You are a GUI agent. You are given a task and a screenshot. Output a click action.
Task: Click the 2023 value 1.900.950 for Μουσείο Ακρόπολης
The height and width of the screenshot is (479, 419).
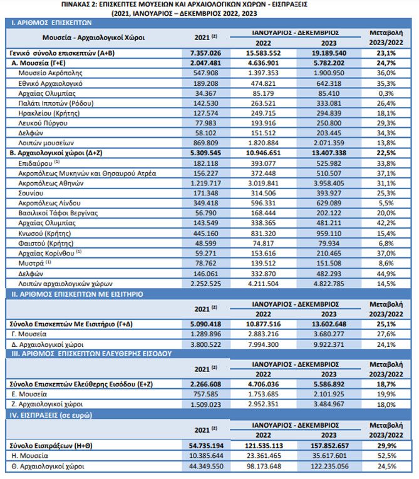coord(329,73)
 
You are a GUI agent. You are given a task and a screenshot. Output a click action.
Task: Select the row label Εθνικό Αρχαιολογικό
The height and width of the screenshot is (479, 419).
coord(51,83)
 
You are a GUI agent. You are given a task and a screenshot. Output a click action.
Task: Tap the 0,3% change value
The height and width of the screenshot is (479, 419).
coord(386,93)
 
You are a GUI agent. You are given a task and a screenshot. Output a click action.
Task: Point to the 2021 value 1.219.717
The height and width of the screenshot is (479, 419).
coord(205,183)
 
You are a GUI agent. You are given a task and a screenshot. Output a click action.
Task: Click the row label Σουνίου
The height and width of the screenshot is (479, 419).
coord(31,193)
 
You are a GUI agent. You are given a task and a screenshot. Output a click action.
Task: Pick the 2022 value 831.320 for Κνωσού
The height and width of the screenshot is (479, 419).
coord(263,234)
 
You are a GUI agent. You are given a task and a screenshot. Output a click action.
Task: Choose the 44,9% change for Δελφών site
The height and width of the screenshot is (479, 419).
coord(386,274)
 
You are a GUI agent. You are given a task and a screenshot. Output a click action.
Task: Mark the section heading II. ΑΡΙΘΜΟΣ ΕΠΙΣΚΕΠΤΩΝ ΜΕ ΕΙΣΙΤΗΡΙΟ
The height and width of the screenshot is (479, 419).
coord(78,294)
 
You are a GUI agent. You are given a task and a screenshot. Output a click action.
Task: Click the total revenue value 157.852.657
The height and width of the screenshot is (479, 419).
coord(329,446)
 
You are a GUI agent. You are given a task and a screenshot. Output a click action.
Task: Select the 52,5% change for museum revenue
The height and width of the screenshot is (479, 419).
coord(386,456)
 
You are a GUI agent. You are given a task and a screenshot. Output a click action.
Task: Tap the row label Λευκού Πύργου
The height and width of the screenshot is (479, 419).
coord(43,123)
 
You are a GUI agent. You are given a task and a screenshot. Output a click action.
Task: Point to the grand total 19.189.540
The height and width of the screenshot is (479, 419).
coord(329,53)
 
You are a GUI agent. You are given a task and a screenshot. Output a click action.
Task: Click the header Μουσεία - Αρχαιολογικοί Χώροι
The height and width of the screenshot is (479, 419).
coord(93,38)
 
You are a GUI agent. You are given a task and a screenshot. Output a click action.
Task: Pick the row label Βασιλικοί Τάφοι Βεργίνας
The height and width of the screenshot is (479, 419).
coord(58,213)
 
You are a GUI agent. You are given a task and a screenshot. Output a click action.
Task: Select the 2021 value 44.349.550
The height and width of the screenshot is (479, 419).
coord(206,466)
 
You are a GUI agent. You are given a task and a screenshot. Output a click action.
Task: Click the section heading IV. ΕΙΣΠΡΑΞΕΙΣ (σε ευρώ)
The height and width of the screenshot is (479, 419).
coord(51,415)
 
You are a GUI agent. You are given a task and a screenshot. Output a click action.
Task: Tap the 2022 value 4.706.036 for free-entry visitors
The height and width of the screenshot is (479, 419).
coord(263,384)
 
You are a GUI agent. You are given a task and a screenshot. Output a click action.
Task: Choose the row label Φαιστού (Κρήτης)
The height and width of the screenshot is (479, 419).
coord(46,244)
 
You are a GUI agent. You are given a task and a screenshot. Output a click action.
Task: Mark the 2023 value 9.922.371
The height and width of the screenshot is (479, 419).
coord(329,344)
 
